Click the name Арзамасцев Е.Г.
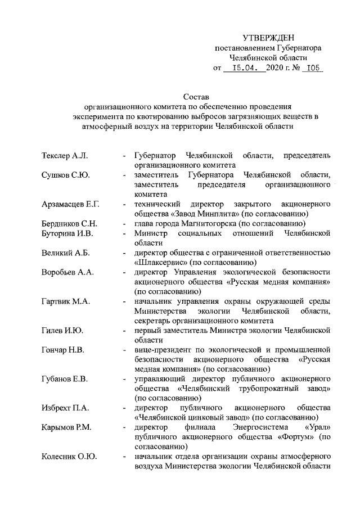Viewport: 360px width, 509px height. click(x=71, y=204)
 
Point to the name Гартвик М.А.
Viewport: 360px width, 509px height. click(x=66, y=301)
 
